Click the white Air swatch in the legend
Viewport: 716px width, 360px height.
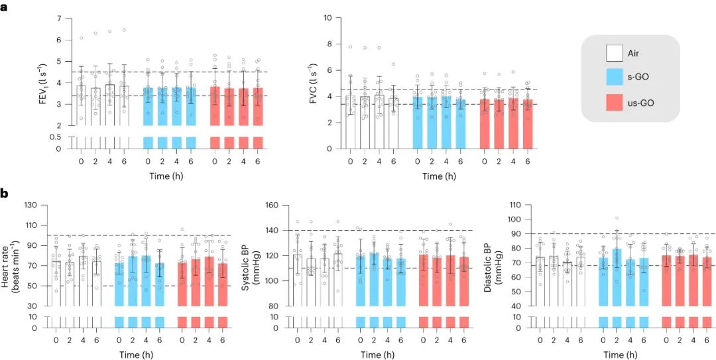point(614,53)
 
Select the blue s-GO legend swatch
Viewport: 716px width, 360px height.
point(614,77)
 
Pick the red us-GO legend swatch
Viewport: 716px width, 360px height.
point(614,101)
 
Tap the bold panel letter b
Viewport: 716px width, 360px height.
point(5,194)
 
